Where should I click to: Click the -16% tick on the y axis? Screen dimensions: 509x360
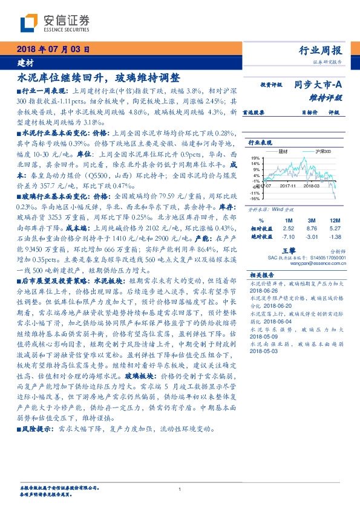click(255, 198)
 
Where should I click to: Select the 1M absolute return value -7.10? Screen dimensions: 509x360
click(287, 237)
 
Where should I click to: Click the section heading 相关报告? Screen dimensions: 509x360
click(262, 274)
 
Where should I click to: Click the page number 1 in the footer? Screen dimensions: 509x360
click(180, 490)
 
